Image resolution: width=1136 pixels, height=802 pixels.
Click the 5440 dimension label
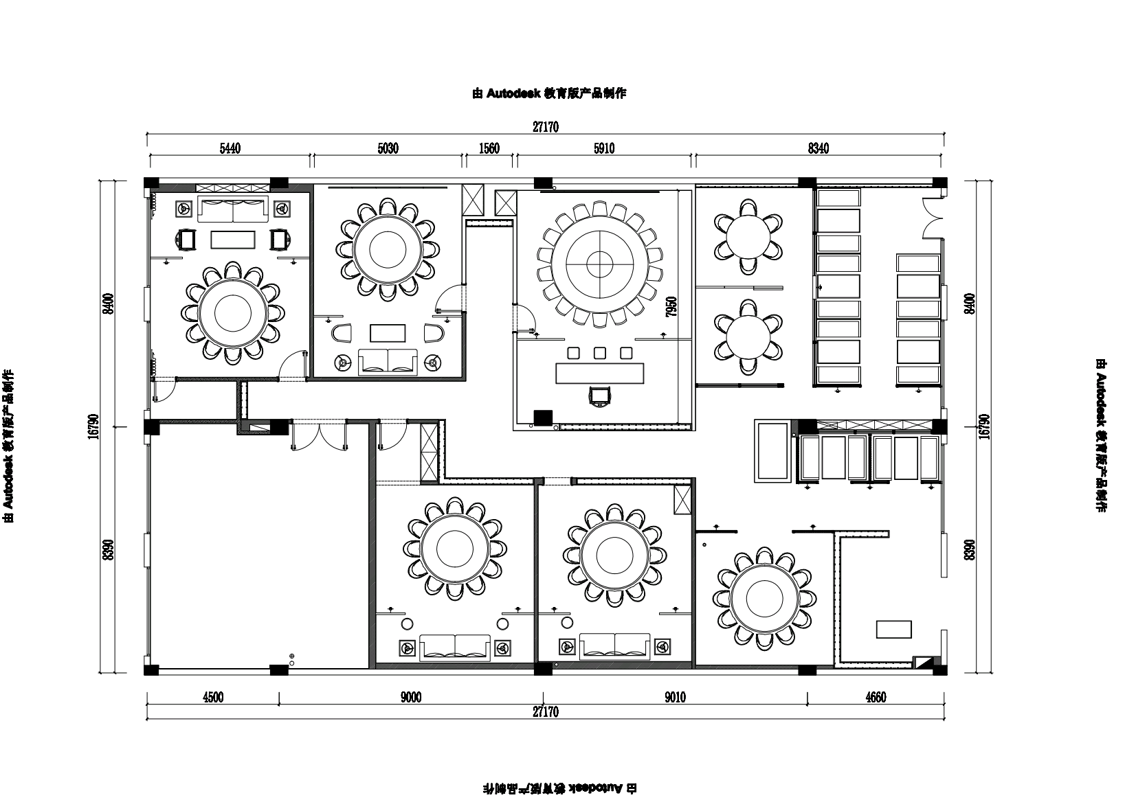230,148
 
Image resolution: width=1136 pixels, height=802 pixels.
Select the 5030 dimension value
388,148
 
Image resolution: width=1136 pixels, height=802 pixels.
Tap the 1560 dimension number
489,148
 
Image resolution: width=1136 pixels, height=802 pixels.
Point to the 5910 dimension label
604,148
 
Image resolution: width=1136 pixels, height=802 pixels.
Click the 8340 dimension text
818,148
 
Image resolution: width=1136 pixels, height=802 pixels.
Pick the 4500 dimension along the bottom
213,698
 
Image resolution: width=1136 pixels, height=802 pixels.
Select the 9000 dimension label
411,698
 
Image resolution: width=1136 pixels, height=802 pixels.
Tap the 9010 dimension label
675,698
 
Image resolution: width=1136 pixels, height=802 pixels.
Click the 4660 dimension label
876,698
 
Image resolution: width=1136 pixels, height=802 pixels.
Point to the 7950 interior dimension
671,307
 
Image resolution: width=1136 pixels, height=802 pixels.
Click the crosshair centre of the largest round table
600,264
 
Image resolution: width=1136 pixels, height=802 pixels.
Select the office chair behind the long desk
600,396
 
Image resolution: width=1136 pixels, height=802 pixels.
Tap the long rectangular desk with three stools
600,374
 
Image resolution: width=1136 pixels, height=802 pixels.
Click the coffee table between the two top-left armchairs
233,240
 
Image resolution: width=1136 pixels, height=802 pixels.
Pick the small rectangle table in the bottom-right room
893,629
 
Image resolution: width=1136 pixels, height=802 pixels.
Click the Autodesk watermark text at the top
549,93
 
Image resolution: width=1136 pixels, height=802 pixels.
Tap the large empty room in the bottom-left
258,547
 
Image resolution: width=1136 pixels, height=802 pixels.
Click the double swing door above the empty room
318,435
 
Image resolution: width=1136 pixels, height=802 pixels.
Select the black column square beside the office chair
543,418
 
